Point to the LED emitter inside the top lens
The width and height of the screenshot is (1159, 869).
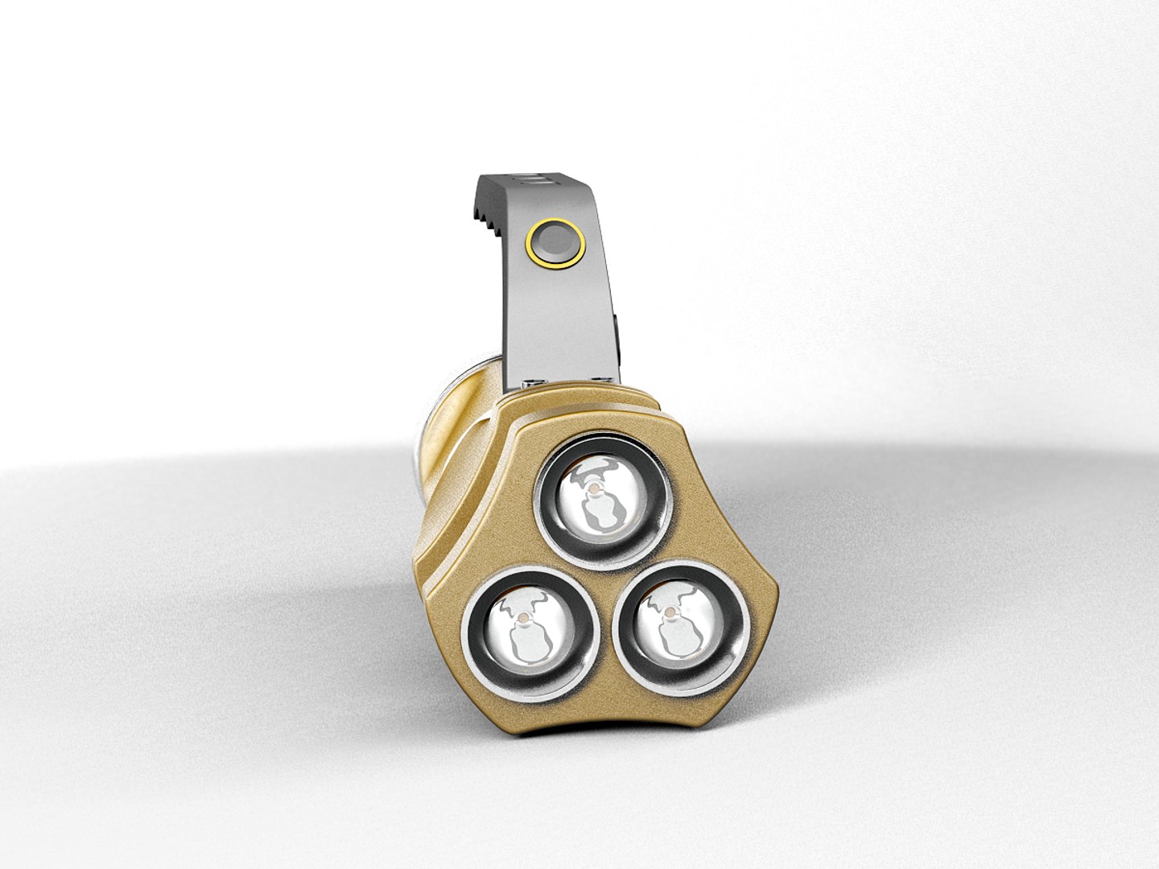[x=593, y=488]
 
